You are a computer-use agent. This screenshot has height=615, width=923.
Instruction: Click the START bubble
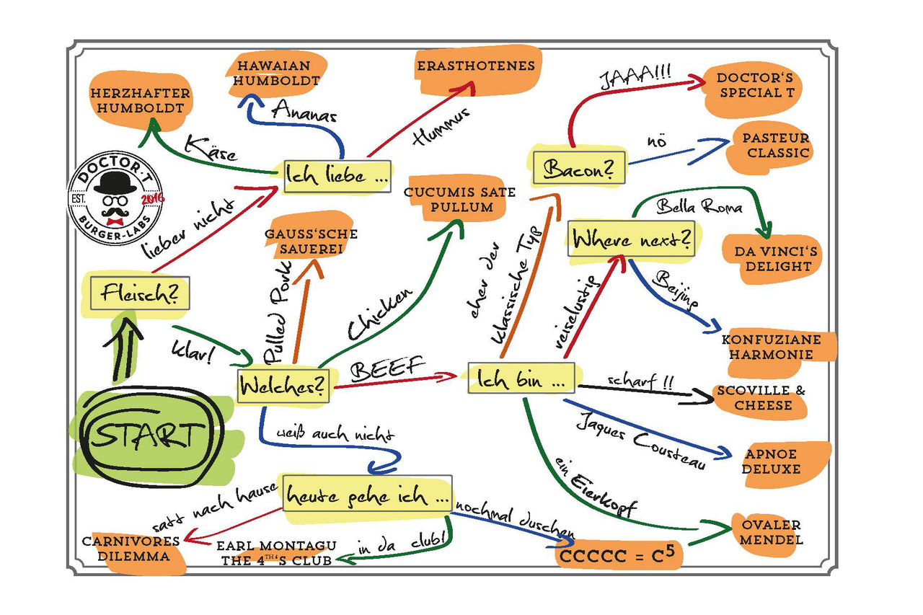pos(146,435)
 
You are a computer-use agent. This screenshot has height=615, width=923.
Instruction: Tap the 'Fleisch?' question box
pos(141,293)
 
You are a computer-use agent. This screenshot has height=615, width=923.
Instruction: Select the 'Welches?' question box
pos(283,385)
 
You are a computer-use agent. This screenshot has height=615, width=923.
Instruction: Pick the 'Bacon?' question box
pos(578,169)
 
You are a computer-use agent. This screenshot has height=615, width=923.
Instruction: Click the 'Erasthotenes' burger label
pos(476,66)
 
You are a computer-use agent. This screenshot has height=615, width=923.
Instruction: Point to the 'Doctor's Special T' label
pos(750,85)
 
